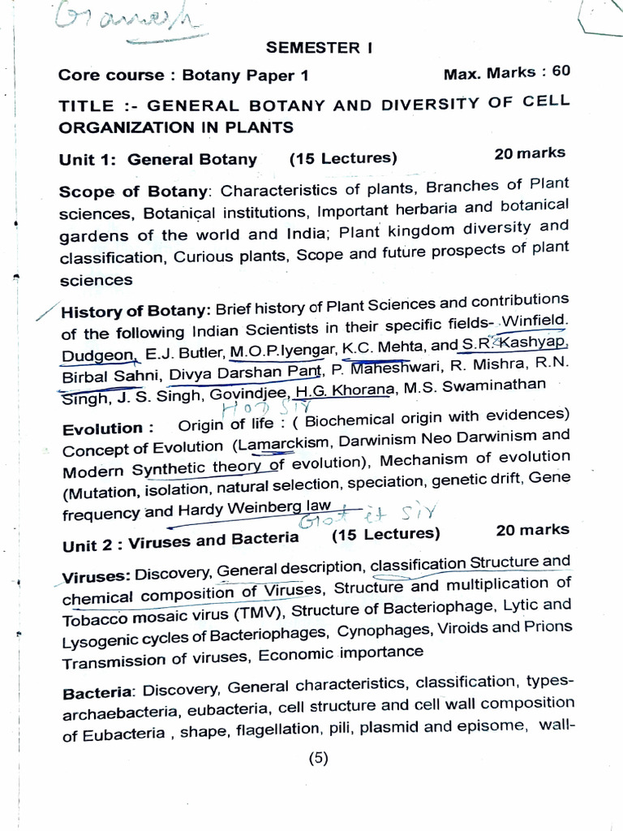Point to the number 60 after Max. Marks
pyautogui.click(x=561, y=71)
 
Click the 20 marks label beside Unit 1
pyautogui.click(x=530, y=153)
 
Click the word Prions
pyautogui.click(x=548, y=626)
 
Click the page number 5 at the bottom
pyautogui.click(x=319, y=760)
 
